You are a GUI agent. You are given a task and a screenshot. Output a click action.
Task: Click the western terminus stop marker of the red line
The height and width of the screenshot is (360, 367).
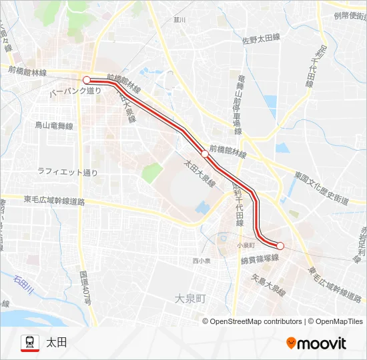click(86, 80)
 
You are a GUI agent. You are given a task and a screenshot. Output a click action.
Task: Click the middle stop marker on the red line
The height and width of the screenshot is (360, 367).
click(205, 153)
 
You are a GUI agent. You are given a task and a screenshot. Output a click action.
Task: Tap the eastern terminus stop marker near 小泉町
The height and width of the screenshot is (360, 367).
click(280, 245)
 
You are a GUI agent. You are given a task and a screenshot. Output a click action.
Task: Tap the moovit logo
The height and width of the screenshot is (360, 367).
click(316, 343)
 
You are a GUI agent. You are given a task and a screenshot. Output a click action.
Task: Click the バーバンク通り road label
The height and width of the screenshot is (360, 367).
click(75, 91)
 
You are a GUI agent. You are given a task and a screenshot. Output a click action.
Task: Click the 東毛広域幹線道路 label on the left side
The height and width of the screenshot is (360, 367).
click(54, 200)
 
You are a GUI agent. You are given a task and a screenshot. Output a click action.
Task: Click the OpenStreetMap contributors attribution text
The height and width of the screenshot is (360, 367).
click(256, 321)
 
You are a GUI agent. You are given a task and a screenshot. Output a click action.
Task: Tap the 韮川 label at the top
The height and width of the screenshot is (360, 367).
click(179, 20)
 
